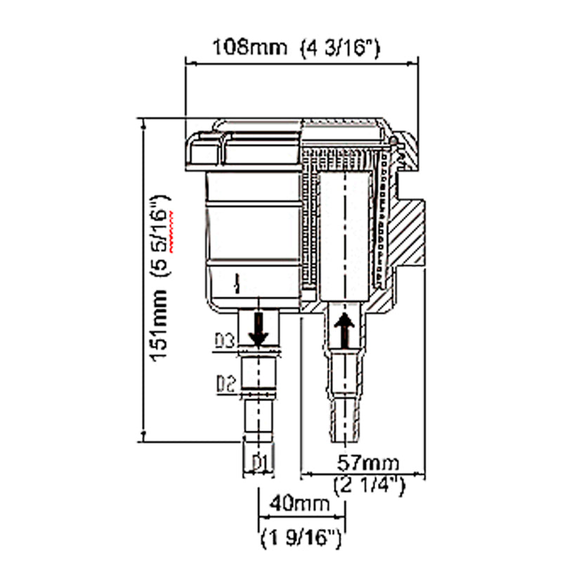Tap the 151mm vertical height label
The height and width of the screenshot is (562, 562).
pyautogui.click(x=162, y=329)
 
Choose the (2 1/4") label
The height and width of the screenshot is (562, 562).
pyautogui.click(x=368, y=485)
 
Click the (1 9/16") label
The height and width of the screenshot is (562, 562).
pyautogui.click(x=301, y=540)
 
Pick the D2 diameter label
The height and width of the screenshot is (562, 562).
pyautogui.click(x=224, y=384)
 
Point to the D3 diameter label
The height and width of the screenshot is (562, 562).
pyautogui.click(x=224, y=342)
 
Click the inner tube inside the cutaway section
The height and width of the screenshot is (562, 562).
pyautogui.click(x=344, y=232)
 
